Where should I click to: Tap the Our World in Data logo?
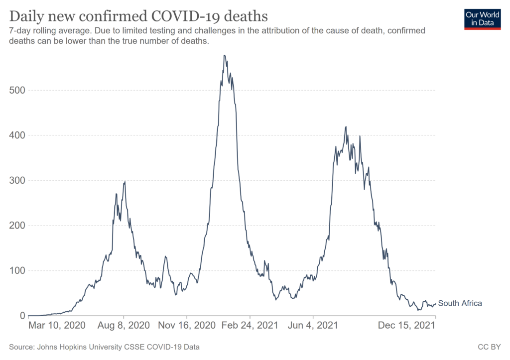(x=482, y=18)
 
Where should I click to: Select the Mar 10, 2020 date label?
(x=57, y=326)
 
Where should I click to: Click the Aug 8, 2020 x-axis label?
(x=124, y=326)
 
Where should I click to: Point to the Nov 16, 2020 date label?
(x=187, y=326)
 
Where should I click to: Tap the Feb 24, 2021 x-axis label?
(x=250, y=326)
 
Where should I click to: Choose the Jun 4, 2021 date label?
(x=313, y=326)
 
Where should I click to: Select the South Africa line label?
(x=460, y=303)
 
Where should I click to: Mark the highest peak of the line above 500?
(x=225, y=55)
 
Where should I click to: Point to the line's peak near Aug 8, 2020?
(x=125, y=182)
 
